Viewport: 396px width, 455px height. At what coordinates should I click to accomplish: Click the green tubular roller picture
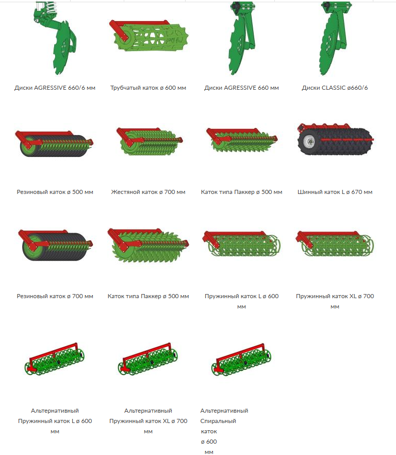(x=148, y=36)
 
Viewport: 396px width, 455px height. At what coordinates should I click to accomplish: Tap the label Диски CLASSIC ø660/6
(x=335, y=88)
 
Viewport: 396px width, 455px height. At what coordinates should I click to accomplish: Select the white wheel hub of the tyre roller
(x=309, y=141)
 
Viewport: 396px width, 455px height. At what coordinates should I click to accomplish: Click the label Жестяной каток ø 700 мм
(x=148, y=192)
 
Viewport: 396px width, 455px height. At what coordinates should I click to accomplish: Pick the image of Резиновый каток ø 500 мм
(x=54, y=143)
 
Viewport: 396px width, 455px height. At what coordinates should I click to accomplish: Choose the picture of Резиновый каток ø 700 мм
(x=55, y=245)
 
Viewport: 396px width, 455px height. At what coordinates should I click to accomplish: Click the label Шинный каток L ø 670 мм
(x=335, y=192)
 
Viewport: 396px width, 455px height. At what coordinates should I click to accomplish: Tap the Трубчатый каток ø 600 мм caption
(x=148, y=88)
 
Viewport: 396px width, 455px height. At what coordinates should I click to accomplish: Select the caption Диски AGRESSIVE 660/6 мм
(x=55, y=88)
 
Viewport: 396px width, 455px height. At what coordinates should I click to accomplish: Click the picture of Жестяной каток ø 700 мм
(x=150, y=141)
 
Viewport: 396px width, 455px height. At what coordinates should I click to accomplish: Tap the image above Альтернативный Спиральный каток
(x=241, y=360)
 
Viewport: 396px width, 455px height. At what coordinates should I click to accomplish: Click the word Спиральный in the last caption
(x=218, y=421)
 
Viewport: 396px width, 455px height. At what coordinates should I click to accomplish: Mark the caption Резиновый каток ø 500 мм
(x=55, y=192)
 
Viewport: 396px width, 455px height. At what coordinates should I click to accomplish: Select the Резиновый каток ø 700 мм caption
(x=55, y=296)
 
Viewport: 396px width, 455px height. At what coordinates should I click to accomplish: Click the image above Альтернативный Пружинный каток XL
(x=148, y=360)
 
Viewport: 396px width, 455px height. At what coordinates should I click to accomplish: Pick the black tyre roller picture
(x=335, y=139)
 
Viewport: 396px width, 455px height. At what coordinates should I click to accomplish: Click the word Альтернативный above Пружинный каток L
(x=55, y=411)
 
